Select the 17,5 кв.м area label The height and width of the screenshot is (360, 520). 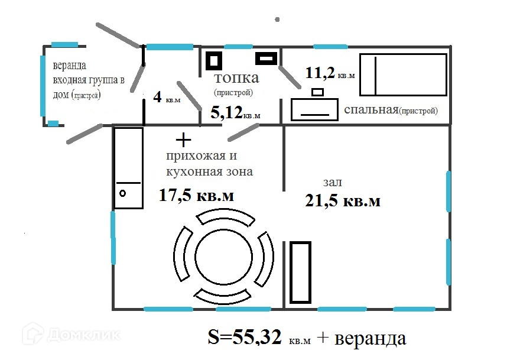(196, 195)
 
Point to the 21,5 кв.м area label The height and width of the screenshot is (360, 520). (343, 201)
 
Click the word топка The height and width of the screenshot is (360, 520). (236, 78)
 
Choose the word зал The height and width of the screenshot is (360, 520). (332, 182)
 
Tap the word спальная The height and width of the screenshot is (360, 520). (371, 110)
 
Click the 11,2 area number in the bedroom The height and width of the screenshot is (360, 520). (320, 73)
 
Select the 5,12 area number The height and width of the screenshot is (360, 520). (226, 113)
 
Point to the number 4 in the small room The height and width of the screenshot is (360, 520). (158, 97)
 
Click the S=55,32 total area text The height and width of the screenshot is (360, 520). (245, 337)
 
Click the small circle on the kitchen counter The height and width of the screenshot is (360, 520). (123, 193)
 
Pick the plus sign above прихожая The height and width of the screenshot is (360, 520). (183, 140)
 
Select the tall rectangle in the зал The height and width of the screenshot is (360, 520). (300, 273)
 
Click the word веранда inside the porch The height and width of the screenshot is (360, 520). (70, 66)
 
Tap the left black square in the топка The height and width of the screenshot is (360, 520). (213, 61)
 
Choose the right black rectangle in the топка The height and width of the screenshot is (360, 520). (266, 59)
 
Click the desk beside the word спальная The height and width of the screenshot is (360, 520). (314, 109)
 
